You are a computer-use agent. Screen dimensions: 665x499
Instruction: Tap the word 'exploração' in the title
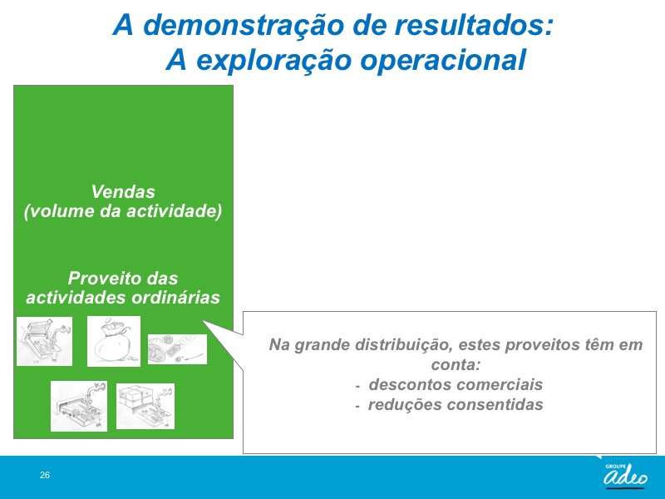point(274,61)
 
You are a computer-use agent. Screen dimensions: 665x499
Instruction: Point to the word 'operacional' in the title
point(443,61)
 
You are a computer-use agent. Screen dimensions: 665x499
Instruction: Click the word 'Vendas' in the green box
point(123,192)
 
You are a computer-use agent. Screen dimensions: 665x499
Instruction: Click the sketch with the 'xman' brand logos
point(177,348)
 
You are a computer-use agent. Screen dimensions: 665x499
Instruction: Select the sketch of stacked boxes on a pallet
point(145,406)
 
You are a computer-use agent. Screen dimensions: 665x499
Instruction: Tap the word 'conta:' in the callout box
point(456,364)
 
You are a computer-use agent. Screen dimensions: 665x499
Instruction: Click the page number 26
point(45,475)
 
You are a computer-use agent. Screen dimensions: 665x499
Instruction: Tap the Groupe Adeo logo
point(625,475)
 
